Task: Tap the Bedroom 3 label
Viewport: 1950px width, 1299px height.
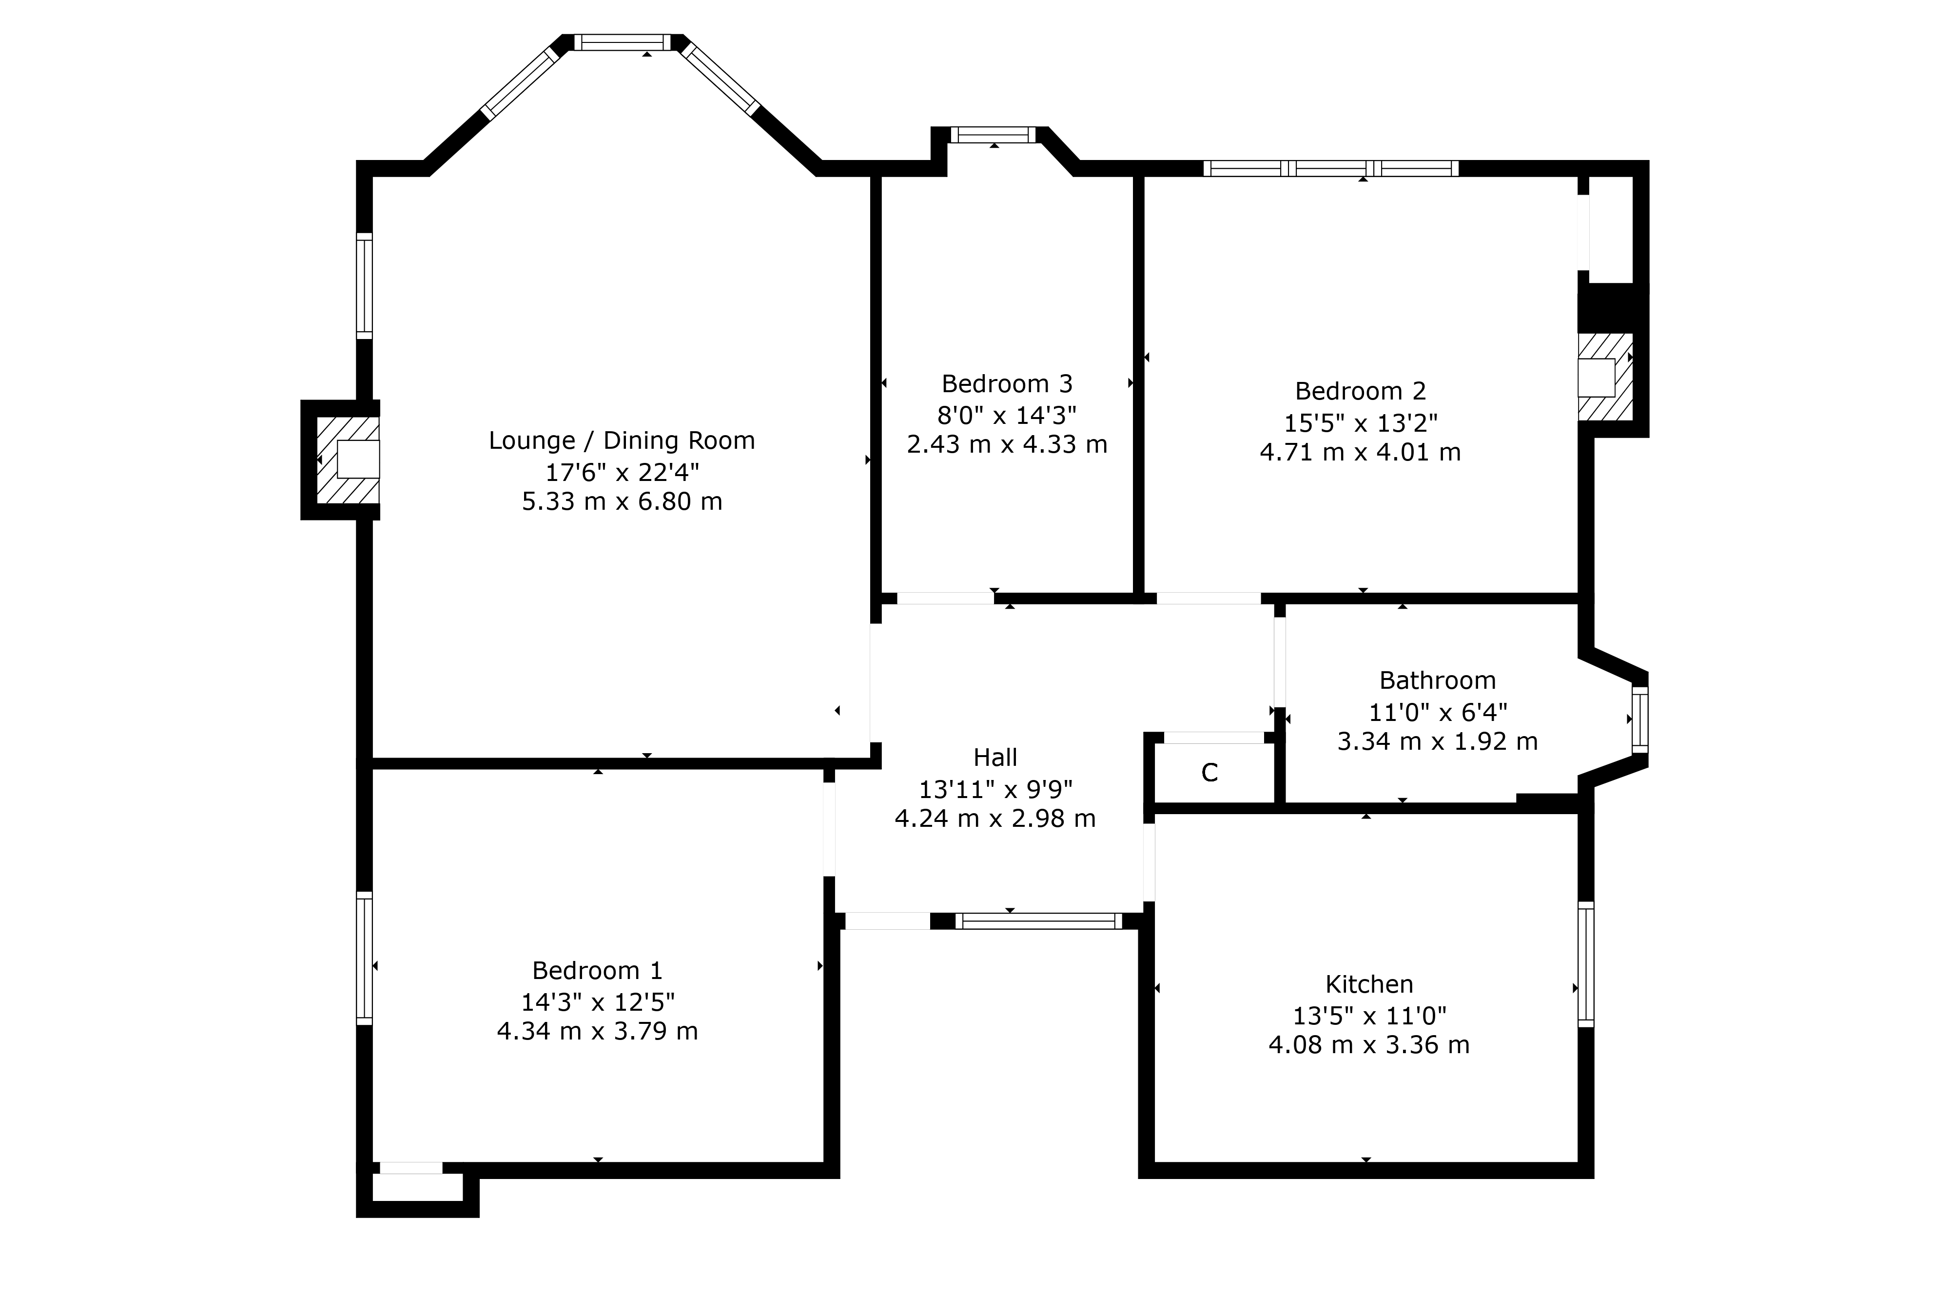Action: click(x=1007, y=384)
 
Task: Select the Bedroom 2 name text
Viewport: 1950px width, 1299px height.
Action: click(x=1361, y=391)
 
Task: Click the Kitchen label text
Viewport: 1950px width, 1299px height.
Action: click(x=1369, y=984)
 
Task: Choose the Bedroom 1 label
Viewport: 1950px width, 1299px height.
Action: click(x=597, y=970)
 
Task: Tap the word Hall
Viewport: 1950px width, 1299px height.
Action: click(x=995, y=757)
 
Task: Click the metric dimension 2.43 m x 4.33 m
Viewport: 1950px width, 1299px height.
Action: click(x=1007, y=445)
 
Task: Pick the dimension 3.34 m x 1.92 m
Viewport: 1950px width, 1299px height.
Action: click(x=1438, y=741)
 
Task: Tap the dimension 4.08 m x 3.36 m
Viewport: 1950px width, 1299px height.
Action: click(x=1369, y=1045)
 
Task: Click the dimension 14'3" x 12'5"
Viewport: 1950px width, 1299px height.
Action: click(x=597, y=1001)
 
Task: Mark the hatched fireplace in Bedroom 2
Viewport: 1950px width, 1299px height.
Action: click(x=1605, y=377)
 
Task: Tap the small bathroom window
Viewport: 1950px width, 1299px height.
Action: click(x=1639, y=719)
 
